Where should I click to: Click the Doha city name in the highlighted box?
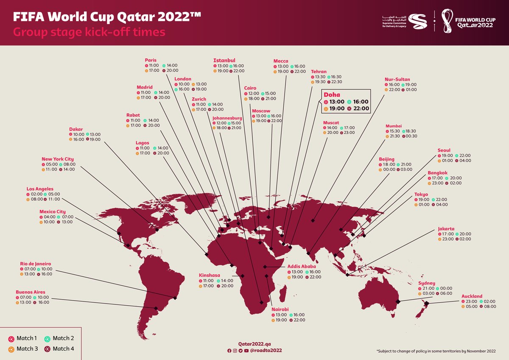click(x=332, y=95)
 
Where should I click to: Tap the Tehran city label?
click(x=319, y=71)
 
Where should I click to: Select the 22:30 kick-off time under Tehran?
click(x=336, y=82)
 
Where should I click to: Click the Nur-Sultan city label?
click(x=397, y=79)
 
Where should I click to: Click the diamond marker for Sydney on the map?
click(x=398, y=302)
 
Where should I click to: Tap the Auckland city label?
click(x=472, y=296)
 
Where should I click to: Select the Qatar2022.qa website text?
click(x=254, y=343)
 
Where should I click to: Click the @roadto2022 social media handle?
click(x=266, y=351)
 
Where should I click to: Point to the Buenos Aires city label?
click(x=30, y=292)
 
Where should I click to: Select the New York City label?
click(x=58, y=159)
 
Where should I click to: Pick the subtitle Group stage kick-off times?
click(x=89, y=32)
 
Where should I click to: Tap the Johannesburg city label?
click(x=227, y=118)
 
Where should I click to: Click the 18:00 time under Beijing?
click(x=389, y=164)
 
